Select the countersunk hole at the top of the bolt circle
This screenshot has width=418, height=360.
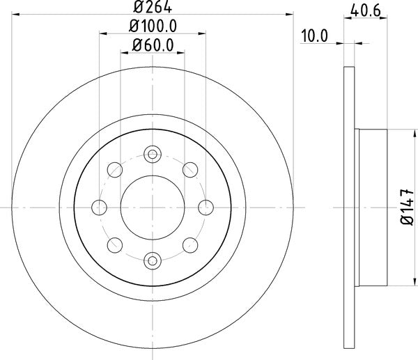click(x=152, y=153)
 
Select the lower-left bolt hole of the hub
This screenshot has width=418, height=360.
click(x=114, y=244)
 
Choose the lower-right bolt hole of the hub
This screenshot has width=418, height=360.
click(x=189, y=244)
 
